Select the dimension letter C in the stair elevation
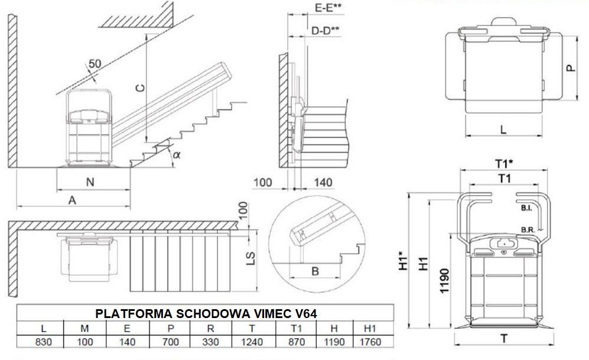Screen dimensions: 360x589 pyautogui.click(x=139, y=89)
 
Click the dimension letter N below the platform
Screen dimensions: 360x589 pyautogui.click(x=90, y=183)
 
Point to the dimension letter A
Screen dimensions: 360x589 pyautogui.click(x=72, y=200)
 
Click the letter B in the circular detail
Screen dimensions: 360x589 pyautogui.click(x=315, y=271)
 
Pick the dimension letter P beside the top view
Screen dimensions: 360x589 pyautogui.click(x=571, y=67)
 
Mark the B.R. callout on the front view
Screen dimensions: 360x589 pyautogui.click(x=528, y=229)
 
